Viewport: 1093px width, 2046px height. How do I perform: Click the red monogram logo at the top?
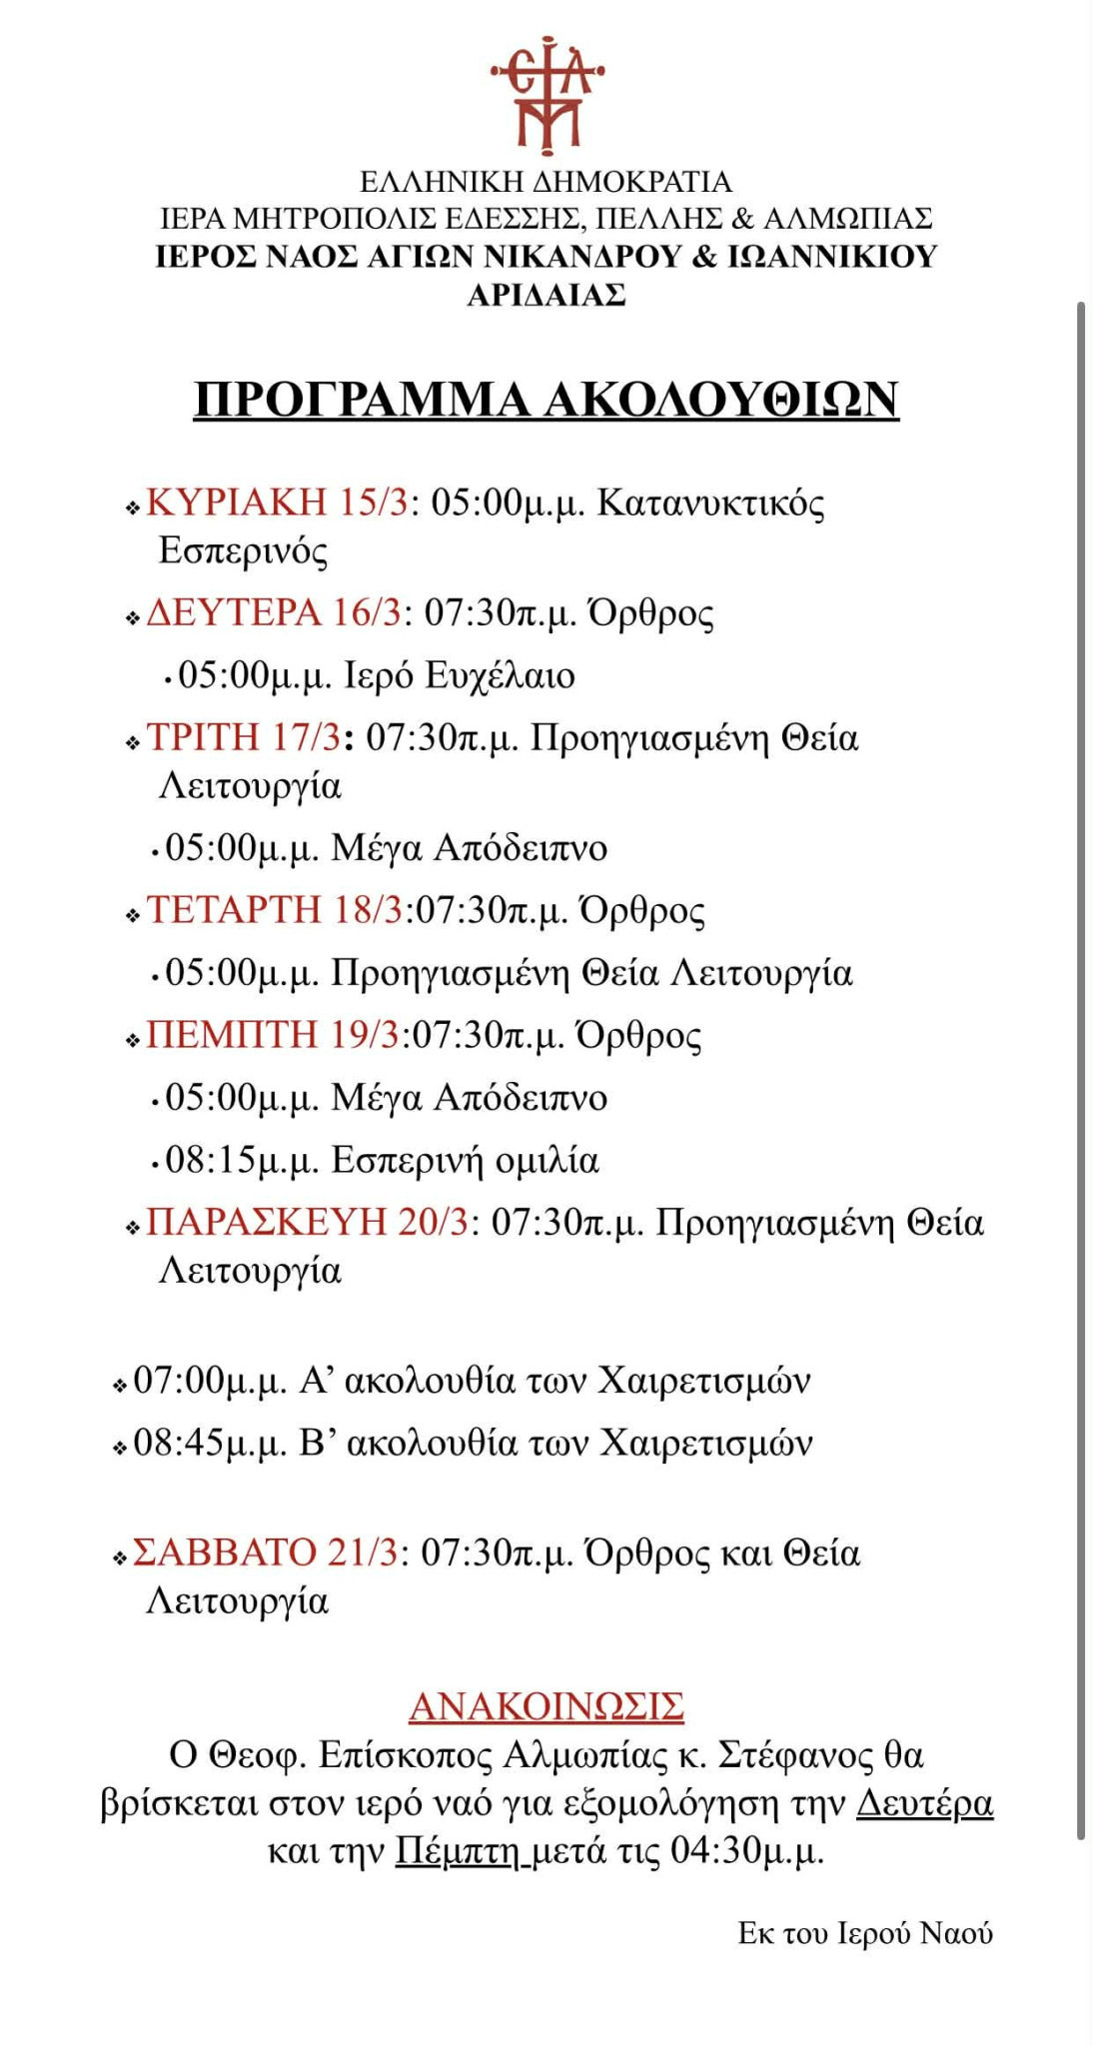click(546, 95)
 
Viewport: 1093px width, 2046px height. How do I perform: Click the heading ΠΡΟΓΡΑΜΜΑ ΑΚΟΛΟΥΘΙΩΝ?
click(546, 399)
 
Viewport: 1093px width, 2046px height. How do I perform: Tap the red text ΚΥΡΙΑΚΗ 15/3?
click(278, 502)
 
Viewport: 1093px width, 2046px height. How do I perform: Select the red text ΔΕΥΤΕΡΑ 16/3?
click(273, 612)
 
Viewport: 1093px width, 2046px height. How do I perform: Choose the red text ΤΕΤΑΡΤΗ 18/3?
click(275, 910)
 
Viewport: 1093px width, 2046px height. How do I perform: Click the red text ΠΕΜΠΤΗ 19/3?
click(273, 1035)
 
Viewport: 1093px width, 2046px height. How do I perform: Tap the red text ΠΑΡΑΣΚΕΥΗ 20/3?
click(307, 1222)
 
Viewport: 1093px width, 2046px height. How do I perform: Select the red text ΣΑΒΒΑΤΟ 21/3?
click(265, 1552)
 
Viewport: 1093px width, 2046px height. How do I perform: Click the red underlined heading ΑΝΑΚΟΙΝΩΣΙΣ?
click(546, 1706)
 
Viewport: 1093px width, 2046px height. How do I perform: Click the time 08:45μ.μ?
click(210, 1444)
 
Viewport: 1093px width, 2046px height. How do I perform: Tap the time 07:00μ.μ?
click(210, 1381)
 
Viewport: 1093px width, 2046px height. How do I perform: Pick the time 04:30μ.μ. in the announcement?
click(746, 1851)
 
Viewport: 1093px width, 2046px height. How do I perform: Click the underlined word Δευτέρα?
click(924, 1803)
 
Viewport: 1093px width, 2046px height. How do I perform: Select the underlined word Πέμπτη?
click(458, 1851)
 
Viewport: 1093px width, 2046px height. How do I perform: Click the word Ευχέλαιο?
click(500, 676)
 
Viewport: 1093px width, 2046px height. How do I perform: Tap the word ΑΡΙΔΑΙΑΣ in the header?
click(546, 295)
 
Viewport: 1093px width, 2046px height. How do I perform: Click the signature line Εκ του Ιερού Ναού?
click(865, 1933)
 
